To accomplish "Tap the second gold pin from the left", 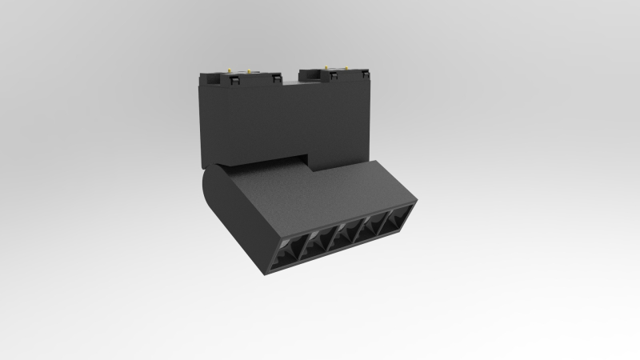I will pyautogui.click(x=249, y=71).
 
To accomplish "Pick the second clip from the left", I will pyautogui.click(x=277, y=78).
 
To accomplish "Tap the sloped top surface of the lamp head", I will pyautogui.click(x=320, y=196).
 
